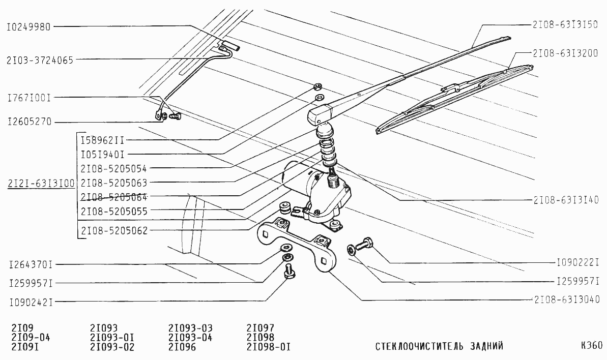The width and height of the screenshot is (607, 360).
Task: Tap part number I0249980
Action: (x=28, y=27)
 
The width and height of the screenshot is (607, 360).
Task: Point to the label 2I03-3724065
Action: (x=40, y=60)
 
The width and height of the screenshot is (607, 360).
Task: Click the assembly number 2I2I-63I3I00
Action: (x=41, y=183)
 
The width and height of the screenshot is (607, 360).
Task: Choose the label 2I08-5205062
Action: (x=114, y=230)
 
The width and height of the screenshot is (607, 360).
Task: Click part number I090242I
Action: (x=31, y=302)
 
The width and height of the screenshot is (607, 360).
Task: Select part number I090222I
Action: (x=578, y=263)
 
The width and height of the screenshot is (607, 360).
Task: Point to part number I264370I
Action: (x=31, y=264)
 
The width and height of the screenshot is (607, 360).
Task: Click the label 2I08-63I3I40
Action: (x=566, y=199)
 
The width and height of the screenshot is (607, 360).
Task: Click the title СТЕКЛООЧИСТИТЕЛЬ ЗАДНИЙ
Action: (x=439, y=347)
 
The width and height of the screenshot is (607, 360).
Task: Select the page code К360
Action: (x=591, y=346)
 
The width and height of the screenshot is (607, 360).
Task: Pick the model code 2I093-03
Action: (x=190, y=328)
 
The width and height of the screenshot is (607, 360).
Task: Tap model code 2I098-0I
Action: (x=268, y=347)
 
